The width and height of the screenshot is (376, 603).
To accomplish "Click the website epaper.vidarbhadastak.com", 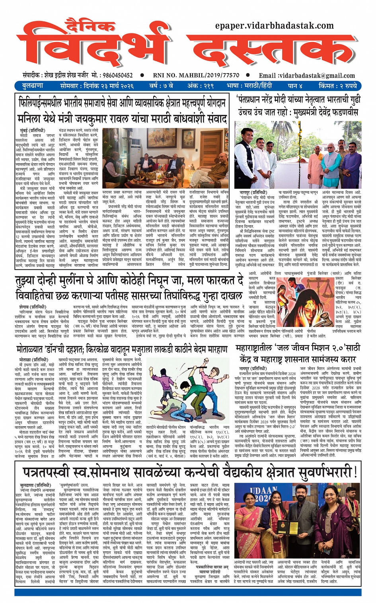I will tap(275, 26).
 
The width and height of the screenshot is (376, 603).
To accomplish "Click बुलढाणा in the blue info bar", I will tap(27, 86).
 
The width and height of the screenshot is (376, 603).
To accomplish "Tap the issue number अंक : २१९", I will tap(201, 86).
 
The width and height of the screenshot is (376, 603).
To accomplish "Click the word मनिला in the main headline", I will tap(31, 119).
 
